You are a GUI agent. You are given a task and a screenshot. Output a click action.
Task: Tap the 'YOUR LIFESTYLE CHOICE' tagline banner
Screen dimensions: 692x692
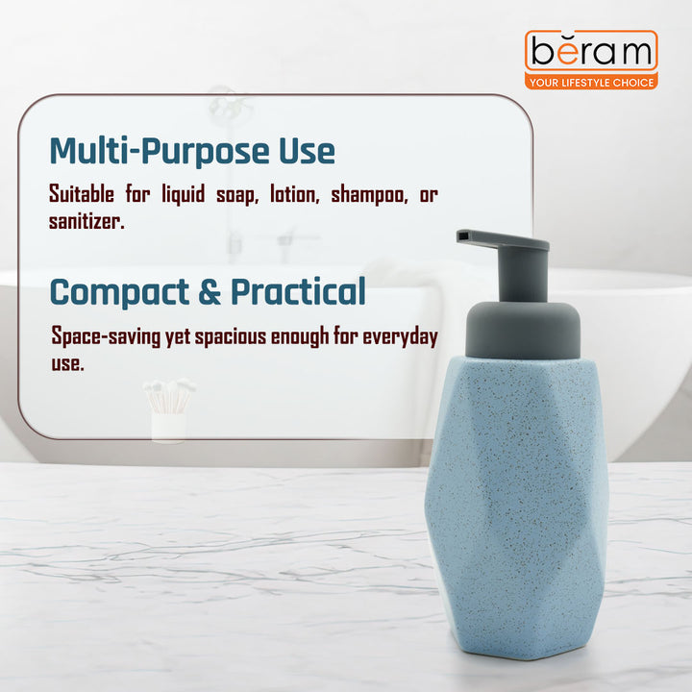[591, 83]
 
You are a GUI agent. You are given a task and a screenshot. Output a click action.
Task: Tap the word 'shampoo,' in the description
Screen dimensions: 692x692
[361, 195]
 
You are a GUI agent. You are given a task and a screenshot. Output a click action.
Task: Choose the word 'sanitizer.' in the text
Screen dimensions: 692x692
[86, 222]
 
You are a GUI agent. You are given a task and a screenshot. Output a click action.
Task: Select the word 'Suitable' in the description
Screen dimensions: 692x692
[84, 195]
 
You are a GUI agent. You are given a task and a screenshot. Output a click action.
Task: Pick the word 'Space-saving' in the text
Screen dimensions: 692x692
[108, 338]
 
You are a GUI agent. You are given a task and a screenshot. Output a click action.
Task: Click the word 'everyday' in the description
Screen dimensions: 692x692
[398, 338]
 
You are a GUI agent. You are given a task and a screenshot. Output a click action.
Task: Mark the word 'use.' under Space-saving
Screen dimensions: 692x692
[67, 364]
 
